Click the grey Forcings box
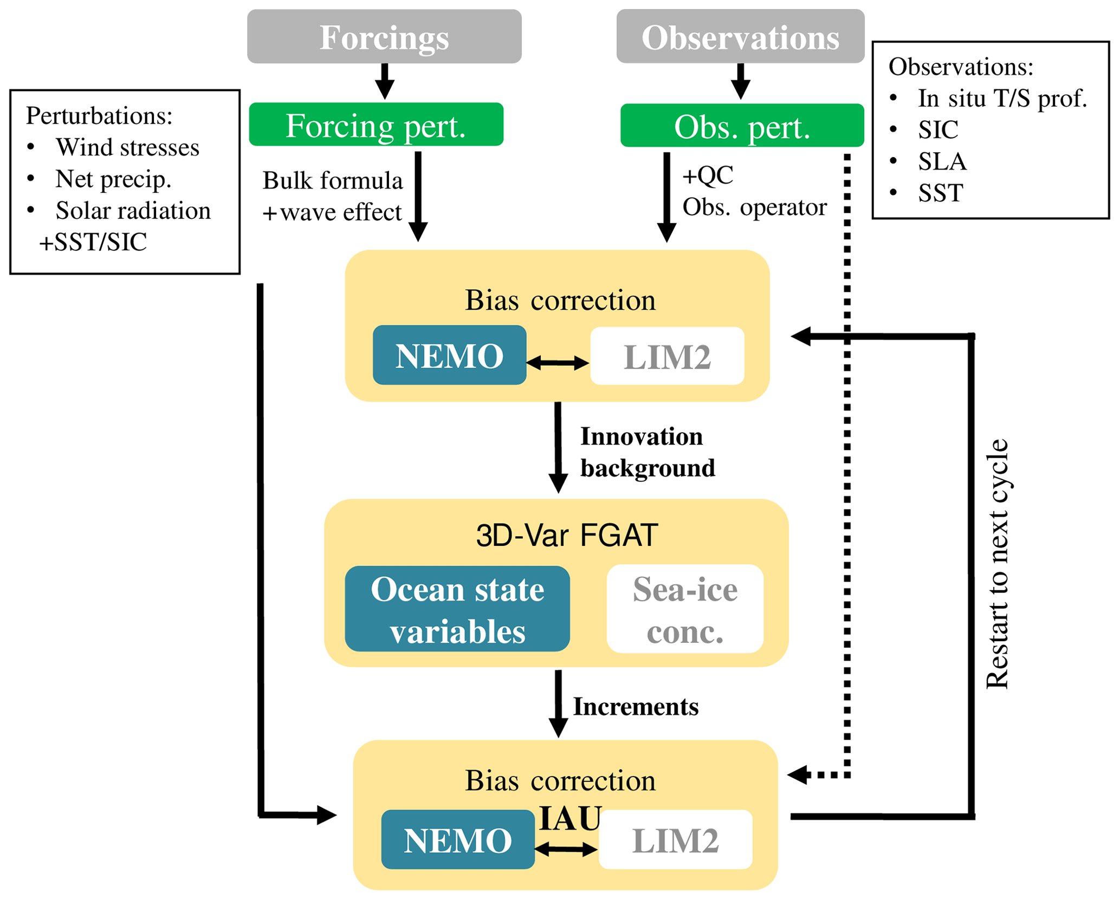[x=384, y=37]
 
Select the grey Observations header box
[x=740, y=37]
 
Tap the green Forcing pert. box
[x=376, y=125]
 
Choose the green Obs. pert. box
[x=742, y=126]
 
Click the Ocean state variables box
[x=457, y=609]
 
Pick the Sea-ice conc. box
[x=685, y=609]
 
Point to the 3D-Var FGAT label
[x=567, y=536]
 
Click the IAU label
[x=570, y=818]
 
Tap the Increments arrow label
[x=636, y=707]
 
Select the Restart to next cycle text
[x=997, y=564]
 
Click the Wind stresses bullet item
[x=127, y=147]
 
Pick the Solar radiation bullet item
[x=133, y=211]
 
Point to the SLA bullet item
[x=942, y=161]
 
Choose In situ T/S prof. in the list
[x=1002, y=98]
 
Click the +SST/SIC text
[x=93, y=242]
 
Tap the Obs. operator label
[x=754, y=207]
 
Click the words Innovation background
[x=647, y=452]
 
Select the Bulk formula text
[x=333, y=181]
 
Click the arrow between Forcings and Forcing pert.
[x=385, y=81]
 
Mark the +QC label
[x=708, y=175]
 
